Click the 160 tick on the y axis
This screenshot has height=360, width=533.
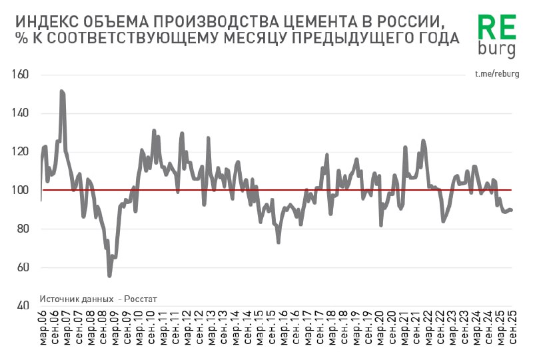click(x=21, y=75)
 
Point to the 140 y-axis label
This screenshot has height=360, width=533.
click(x=21, y=113)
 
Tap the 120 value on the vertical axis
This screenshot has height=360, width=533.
click(x=21, y=152)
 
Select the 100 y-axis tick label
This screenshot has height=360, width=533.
click(x=21, y=191)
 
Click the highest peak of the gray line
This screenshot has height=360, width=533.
click(x=61, y=91)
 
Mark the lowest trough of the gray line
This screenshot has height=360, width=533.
click(x=109, y=275)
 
